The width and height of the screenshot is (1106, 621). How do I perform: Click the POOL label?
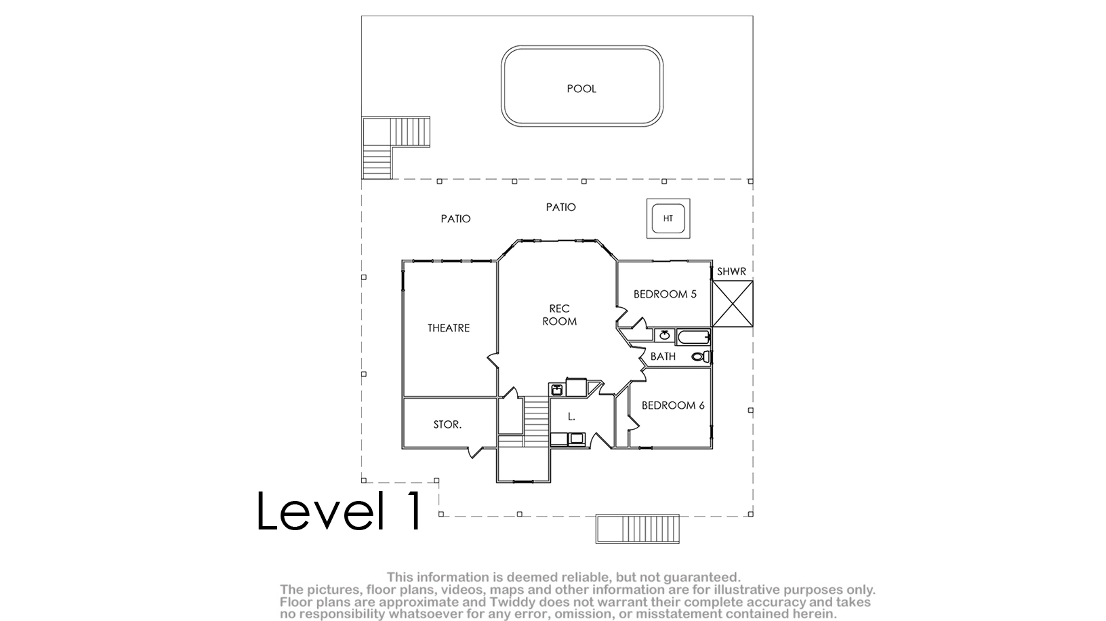click(581, 89)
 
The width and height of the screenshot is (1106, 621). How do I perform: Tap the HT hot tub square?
click(668, 218)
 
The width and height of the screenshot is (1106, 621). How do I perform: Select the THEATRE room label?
click(449, 328)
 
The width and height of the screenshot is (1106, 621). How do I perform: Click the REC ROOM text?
click(559, 315)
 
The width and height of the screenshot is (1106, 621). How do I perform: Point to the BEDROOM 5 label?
click(665, 294)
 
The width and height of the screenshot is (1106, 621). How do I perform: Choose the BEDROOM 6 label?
click(673, 405)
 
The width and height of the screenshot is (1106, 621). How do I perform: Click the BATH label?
click(663, 356)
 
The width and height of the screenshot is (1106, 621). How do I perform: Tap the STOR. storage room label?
click(447, 424)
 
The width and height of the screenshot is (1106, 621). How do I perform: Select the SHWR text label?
click(731, 271)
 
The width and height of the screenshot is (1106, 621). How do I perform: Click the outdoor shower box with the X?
click(733, 304)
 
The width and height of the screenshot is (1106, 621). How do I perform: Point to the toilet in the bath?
click(701, 356)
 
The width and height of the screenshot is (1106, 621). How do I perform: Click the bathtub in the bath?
click(693, 337)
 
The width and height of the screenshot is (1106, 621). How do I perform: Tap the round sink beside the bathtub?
click(664, 336)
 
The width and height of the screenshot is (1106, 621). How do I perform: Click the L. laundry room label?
click(571, 416)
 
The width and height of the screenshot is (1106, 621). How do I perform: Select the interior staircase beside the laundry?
click(536, 422)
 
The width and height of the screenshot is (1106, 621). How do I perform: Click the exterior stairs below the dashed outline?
click(638, 529)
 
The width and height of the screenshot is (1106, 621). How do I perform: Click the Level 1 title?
click(340, 510)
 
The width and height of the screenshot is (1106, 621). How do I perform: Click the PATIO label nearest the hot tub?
click(560, 207)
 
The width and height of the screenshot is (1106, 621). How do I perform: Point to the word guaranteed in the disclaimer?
click(701, 577)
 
